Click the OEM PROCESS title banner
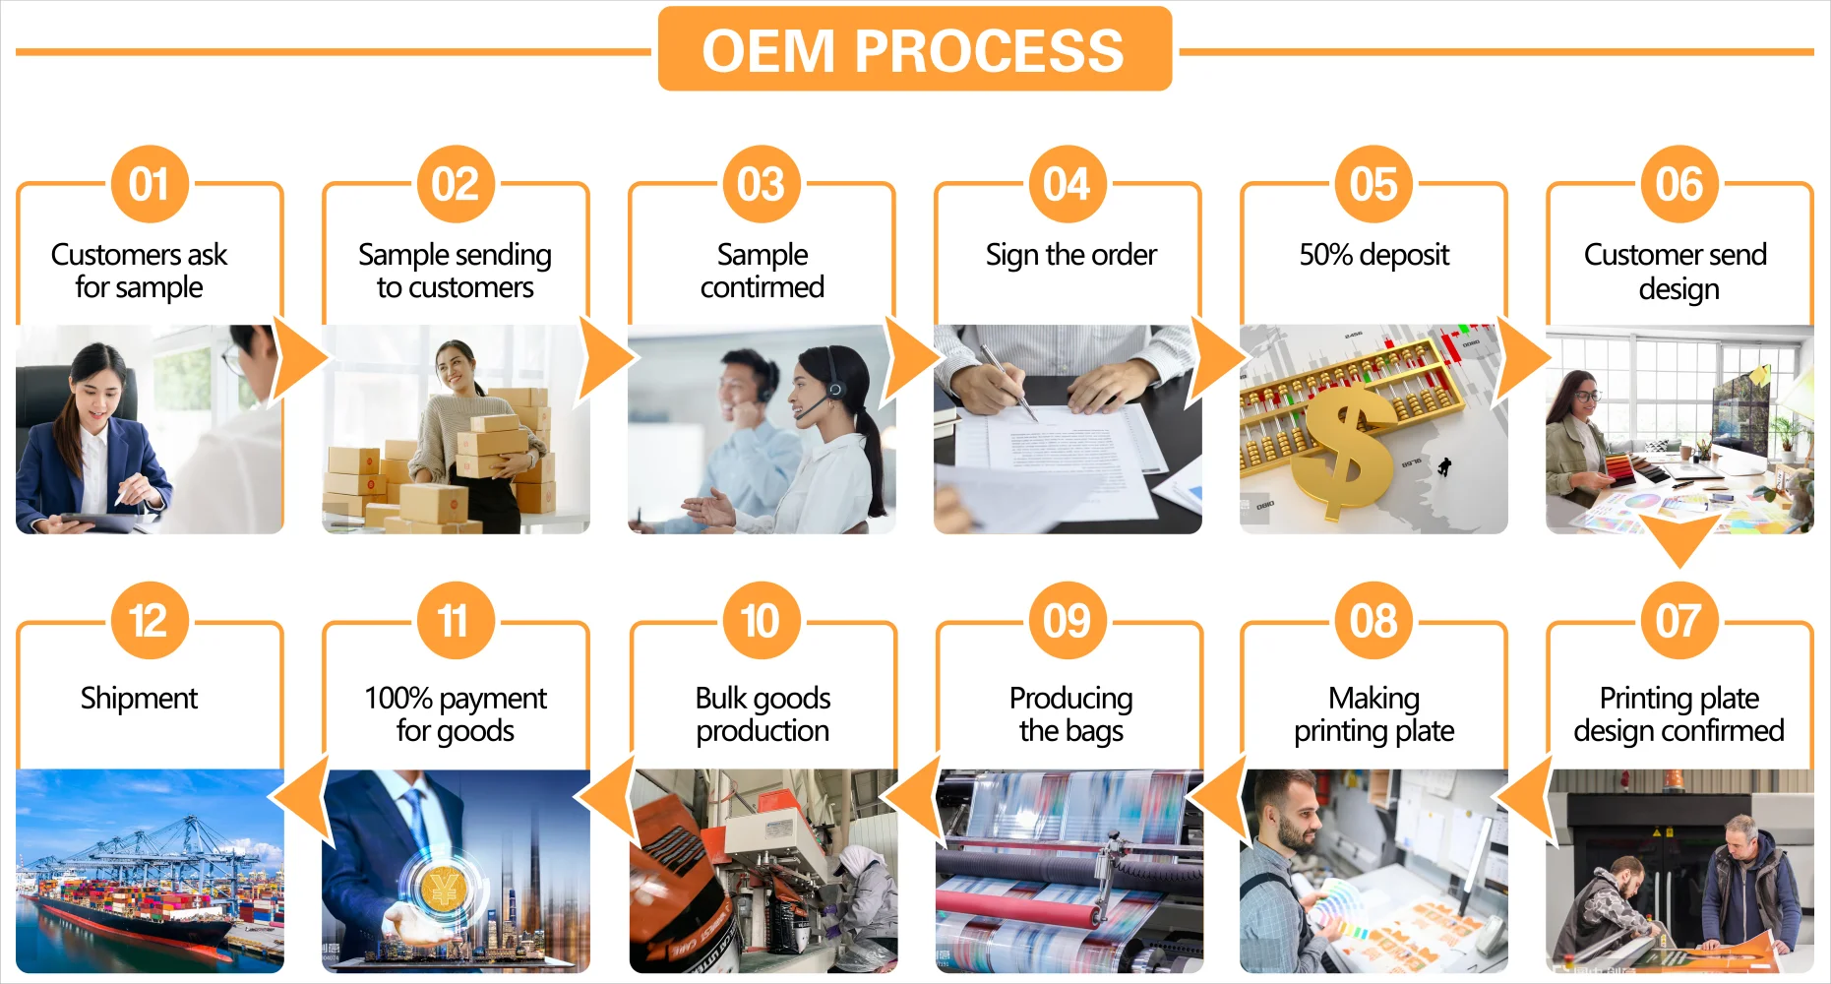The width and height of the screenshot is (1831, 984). point(914,49)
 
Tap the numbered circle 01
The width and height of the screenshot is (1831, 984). point(149,184)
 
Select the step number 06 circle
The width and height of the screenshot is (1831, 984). point(1678,184)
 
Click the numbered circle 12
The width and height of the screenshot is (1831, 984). point(149,621)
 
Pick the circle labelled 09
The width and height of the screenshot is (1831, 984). point(1067,621)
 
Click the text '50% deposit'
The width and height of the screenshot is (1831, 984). point(1373,255)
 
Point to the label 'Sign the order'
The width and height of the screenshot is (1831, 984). point(1070,255)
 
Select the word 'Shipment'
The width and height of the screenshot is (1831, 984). point(139,698)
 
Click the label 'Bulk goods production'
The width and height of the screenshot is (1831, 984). point(763,713)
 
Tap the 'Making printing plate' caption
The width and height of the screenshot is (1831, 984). point(1373,713)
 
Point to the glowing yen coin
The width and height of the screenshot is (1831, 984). point(443,889)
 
